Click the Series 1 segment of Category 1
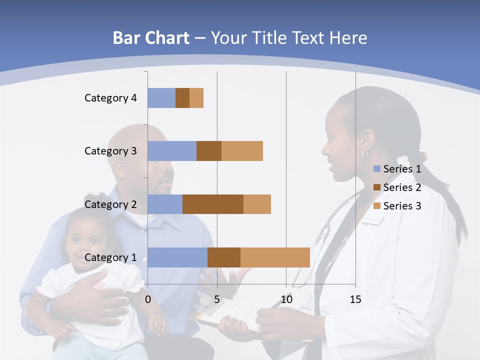click(177, 257)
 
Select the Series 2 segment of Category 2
click(213, 204)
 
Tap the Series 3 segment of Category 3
click(242, 151)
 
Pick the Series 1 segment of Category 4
click(161, 98)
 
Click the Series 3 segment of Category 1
click(275, 257)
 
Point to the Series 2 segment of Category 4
click(182, 98)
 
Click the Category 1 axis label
click(110, 257)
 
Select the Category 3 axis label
click(110, 151)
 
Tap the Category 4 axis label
click(110, 98)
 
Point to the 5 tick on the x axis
click(217, 299)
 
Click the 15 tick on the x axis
click(355, 299)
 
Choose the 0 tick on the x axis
click(148, 299)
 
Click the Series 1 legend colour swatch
click(376, 169)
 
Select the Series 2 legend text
click(402, 187)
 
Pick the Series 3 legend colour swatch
click(376, 206)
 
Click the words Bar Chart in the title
click(151, 38)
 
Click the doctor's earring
click(365, 153)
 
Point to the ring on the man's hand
click(108, 312)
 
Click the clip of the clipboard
click(205, 300)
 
